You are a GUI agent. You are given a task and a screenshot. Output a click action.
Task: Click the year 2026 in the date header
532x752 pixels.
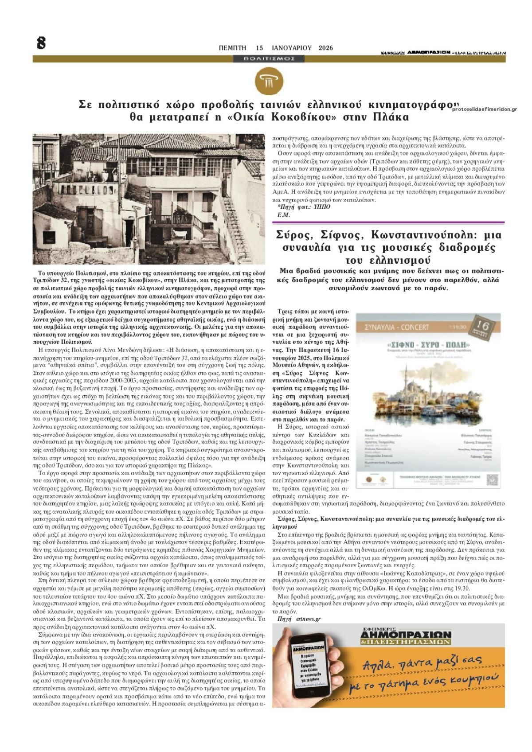326,48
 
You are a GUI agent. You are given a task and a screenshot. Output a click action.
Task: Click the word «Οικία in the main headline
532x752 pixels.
235,118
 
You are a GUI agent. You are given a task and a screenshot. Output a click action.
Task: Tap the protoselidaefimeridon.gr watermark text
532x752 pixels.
485,109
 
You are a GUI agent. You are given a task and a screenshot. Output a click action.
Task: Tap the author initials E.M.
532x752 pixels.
283,215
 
